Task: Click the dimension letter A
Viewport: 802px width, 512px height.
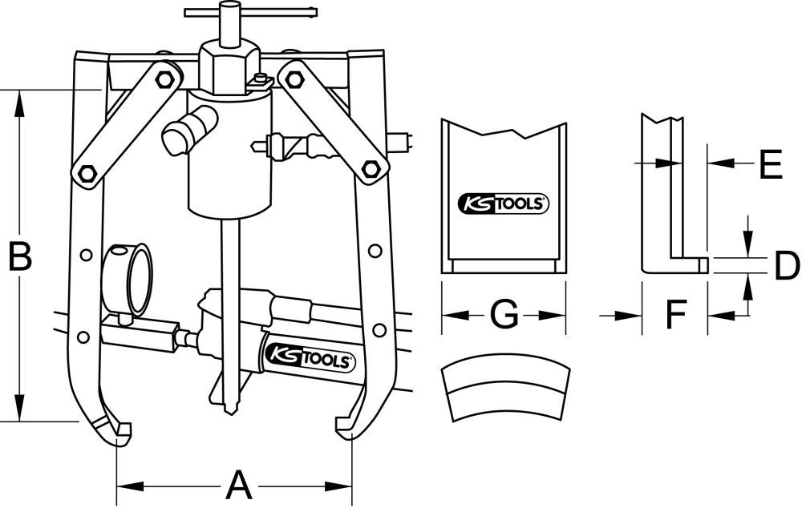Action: pos(235,485)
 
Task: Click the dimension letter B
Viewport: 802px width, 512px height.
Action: pos(19,258)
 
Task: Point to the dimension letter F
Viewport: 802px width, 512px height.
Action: pos(674,316)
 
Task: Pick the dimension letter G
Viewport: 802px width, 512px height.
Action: pos(504,315)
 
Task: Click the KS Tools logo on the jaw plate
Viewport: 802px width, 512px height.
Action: pos(503,204)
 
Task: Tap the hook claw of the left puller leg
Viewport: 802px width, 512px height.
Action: pos(115,429)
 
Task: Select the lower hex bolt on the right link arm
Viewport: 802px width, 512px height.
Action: pos(370,169)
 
